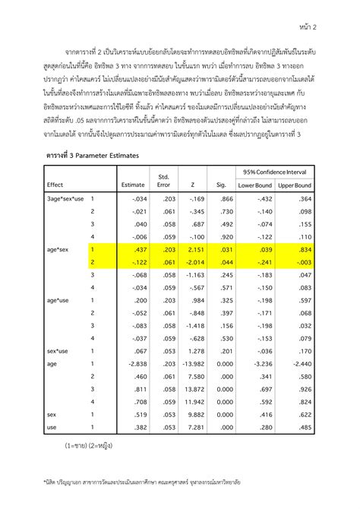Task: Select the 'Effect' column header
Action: click(55, 185)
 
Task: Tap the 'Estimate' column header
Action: click(133, 185)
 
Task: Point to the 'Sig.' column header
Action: click(222, 185)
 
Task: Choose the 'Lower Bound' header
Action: click(255, 185)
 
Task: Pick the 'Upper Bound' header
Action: click(295, 185)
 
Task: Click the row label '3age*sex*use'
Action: click(65, 198)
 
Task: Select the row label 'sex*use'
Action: click(58, 351)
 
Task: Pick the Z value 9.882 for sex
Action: click(195, 415)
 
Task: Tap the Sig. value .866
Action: click(226, 198)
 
